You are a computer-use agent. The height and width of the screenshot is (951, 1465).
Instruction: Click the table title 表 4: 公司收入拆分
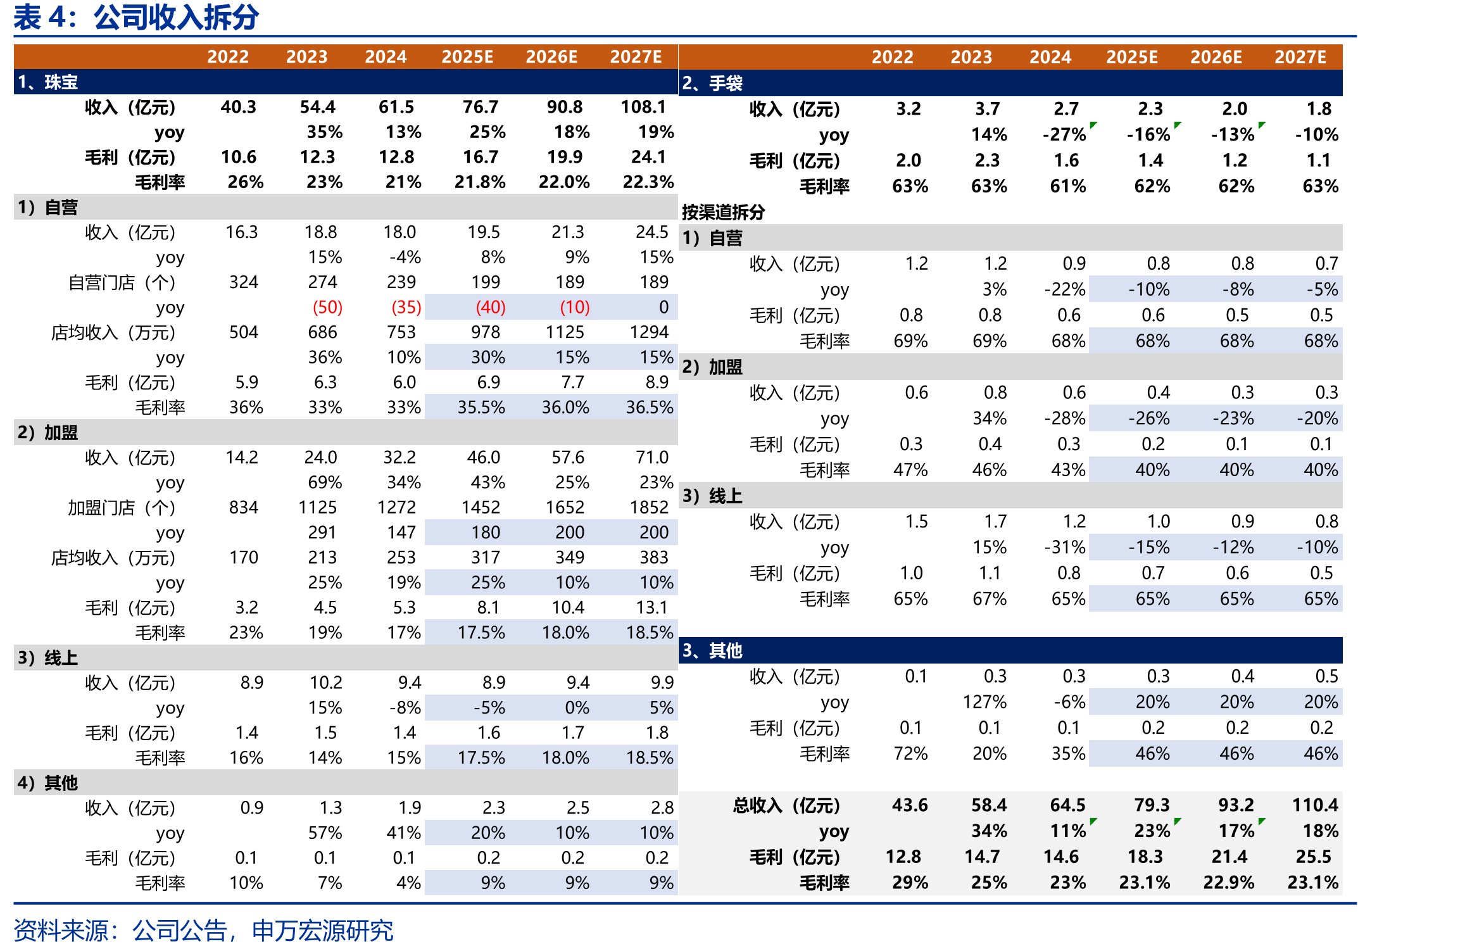[136, 17]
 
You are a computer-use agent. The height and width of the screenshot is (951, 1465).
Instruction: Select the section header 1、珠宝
[48, 82]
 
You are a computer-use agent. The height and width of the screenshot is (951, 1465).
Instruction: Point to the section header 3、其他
[712, 650]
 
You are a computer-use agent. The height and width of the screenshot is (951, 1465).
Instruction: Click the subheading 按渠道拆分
[723, 211]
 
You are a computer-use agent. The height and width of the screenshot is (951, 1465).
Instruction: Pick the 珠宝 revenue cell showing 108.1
[643, 107]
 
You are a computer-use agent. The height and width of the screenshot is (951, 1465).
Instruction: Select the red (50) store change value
[327, 307]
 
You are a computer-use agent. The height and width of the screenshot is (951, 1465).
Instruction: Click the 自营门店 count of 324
[244, 282]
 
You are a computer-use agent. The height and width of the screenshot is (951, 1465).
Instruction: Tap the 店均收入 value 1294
[650, 332]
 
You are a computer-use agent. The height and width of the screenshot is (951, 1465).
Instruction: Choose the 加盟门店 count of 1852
[650, 507]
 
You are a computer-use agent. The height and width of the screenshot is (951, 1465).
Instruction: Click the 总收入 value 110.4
[1315, 805]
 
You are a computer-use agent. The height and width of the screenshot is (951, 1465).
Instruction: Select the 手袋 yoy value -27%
[1064, 134]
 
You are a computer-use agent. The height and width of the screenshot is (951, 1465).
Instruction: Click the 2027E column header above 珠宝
[636, 57]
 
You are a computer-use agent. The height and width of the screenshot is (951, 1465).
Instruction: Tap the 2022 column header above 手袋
[893, 57]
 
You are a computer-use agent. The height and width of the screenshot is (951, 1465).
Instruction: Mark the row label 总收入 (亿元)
[786, 805]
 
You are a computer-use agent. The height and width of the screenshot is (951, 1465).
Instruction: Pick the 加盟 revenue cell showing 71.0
[652, 457]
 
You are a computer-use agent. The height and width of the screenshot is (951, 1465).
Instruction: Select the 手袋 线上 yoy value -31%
[1065, 547]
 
